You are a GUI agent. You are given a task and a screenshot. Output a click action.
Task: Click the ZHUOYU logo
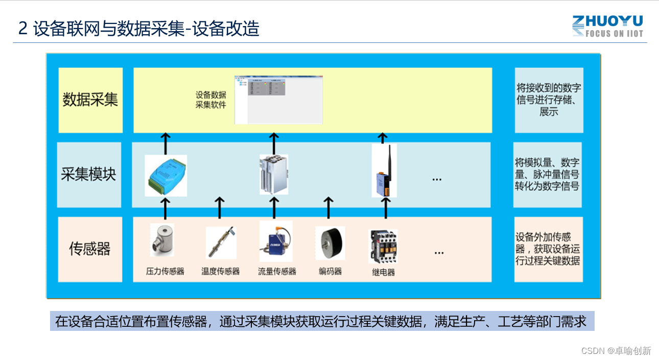(x=607, y=26)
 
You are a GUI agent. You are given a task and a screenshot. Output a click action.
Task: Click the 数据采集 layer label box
(x=90, y=100)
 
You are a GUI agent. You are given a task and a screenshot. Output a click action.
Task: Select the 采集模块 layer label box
(x=89, y=175)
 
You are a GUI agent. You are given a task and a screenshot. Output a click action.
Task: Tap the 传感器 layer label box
(x=90, y=249)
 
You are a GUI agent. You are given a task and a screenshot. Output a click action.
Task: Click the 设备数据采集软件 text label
(x=210, y=100)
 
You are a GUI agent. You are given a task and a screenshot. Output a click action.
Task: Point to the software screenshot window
(x=278, y=100)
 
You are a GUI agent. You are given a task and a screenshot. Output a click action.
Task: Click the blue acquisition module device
(x=166, y=175)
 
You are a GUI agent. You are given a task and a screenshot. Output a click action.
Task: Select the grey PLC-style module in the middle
(x=273, y=174)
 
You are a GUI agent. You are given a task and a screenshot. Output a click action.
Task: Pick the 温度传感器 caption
(x=221, y=272)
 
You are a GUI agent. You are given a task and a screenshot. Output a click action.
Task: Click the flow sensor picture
(x=276, y=241)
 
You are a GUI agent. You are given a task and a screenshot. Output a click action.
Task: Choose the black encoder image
(x=330, y=243)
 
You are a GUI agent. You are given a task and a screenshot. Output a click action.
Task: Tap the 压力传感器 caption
(x=165, y=272)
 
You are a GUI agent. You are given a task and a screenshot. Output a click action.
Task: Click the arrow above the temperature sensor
(x=220, y=207)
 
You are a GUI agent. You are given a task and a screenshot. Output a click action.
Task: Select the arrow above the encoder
(x=329, y=207)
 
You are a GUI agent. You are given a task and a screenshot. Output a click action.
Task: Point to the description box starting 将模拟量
(x=548, y=175)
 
